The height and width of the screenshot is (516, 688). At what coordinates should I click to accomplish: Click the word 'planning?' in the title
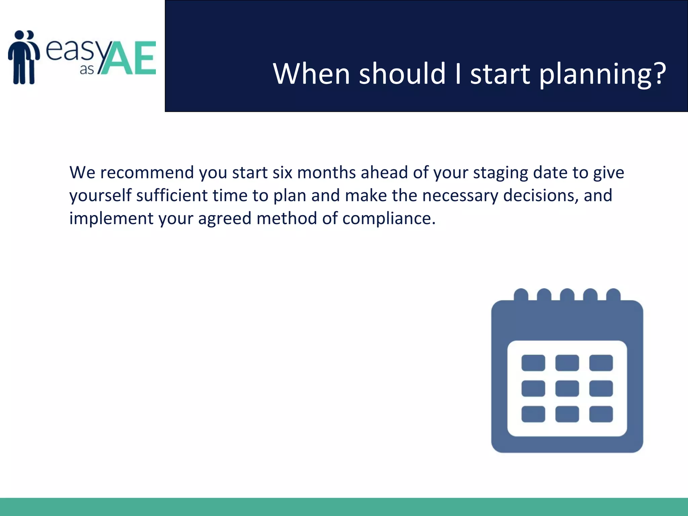602,75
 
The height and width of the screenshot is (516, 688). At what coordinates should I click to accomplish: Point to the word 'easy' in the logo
73,50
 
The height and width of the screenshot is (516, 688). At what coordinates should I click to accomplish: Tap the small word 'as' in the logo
87,70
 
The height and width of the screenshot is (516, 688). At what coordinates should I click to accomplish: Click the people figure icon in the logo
24,57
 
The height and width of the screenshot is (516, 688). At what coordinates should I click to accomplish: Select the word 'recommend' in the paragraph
147,173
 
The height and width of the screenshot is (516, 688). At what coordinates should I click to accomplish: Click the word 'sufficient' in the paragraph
172,196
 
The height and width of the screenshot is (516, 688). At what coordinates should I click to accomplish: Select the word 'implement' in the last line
111,219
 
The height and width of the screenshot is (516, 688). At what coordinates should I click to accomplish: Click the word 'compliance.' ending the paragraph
389,219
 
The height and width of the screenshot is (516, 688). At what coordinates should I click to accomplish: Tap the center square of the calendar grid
567,388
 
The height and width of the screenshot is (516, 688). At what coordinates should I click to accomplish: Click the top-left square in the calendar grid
533,363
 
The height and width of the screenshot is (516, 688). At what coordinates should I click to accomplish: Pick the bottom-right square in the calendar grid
601,414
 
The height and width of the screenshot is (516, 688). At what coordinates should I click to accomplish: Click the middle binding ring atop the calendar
567,295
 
